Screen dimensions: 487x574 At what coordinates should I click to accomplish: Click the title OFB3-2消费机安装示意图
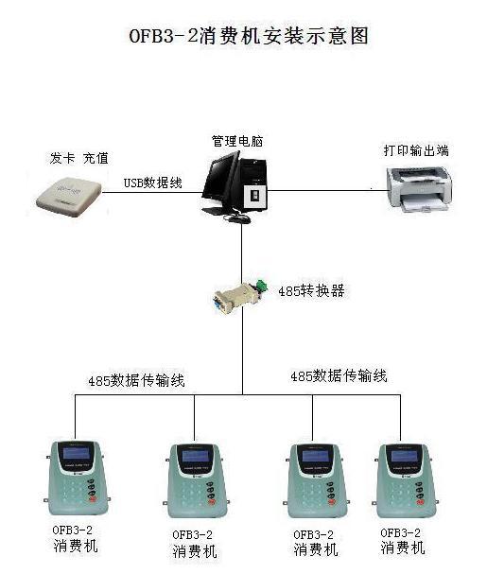[249, 36]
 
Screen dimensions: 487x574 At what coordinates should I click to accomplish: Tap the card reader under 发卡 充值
[69, 197]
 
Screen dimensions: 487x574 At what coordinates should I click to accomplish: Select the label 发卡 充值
[79, 159]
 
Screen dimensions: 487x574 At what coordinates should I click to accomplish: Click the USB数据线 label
[152, 183]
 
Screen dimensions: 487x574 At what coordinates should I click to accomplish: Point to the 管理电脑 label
[237, 141]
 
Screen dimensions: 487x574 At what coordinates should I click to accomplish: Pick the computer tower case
[253, 183]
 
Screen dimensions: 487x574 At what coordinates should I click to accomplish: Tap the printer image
[420, 190]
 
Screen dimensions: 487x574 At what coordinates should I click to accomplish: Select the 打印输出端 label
[416, 150]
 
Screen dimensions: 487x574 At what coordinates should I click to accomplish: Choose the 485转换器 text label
[311, 291]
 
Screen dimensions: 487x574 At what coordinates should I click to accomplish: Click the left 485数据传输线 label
[136, 381]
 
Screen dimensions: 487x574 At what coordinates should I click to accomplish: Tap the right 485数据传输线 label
[339, 376]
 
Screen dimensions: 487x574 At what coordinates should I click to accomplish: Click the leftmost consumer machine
[78, 478]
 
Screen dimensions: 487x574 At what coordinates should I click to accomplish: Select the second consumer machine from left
[197, 480]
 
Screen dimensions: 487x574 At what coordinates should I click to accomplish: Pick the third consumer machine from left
[317, 480]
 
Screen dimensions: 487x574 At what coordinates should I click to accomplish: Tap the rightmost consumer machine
[406, 480]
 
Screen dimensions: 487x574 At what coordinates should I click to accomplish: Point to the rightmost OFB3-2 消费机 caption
[402, 541]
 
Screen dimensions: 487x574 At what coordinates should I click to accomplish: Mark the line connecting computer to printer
[328, 190]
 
